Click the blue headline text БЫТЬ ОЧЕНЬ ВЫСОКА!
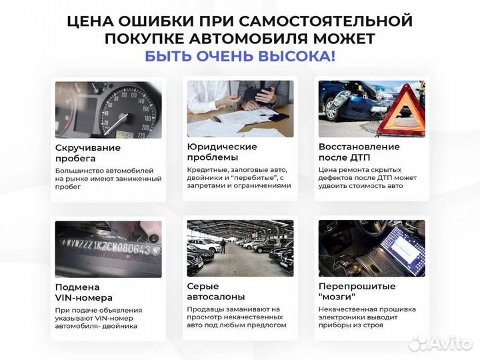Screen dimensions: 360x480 (240, 56)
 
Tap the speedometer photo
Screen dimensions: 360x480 (108, 109)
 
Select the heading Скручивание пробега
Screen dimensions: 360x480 (88, 153)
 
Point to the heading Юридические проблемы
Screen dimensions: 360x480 (222, 153)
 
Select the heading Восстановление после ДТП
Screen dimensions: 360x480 (359, 153)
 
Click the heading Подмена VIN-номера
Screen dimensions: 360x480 (84, 292)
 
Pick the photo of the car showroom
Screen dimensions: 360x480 (240, 248)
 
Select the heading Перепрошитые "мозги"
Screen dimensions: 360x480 (357, 291)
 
